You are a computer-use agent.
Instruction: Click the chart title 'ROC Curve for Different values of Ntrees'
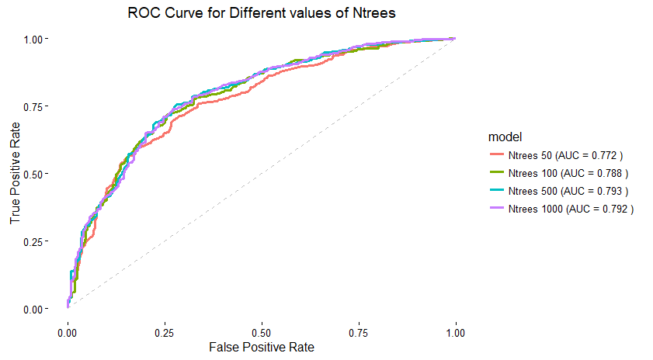click(x=263, y=14)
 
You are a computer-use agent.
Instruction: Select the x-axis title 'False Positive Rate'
click(x=262, y=346)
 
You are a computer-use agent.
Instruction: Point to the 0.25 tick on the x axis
click(x=165, y=331)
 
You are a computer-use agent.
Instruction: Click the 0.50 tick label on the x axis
click(x=262, y=331)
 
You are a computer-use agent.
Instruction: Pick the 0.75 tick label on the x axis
click(x=359, y=331)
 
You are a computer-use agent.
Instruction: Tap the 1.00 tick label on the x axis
click(x=456, y=331)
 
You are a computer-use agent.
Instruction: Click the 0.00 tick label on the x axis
click(x=68, y=331)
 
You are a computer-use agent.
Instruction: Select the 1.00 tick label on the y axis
click(x=38, y=38)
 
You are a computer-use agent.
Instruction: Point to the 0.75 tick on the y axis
click(x=38, y=106)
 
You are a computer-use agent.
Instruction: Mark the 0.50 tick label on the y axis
click(x=38, y=173)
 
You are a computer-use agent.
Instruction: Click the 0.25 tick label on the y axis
click(x=38, y=241)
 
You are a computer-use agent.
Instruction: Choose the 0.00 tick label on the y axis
click(x=38, y=309)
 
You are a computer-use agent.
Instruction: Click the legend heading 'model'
click(x=505, y=137)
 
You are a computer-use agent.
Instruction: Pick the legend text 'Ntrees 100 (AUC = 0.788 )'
click(x=568, y=172)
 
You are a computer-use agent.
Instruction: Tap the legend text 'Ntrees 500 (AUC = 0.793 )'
click(x=568, y=191)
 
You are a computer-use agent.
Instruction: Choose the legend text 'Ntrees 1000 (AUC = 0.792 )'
click(x=571, y=209)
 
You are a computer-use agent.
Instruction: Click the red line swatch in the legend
click(x=497, y=154)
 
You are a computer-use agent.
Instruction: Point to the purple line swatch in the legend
click(x=497, y=209)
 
